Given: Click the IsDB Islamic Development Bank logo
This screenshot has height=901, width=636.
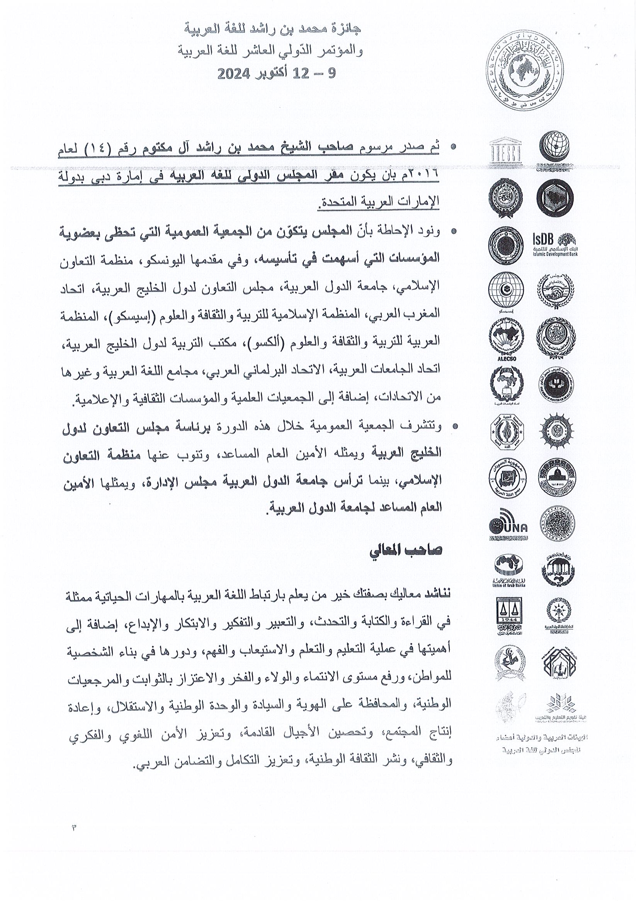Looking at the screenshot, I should (555, 244).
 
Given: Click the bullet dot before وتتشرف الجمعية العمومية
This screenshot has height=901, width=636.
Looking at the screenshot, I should (454, 426).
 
